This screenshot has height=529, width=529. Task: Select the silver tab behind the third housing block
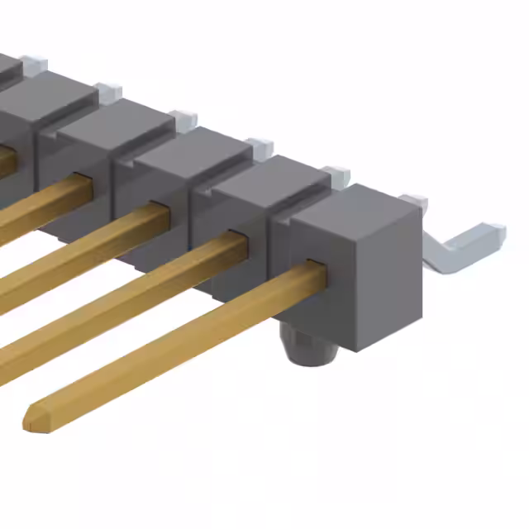pos(259,147)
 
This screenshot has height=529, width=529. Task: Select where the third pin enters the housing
pos(160,210)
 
